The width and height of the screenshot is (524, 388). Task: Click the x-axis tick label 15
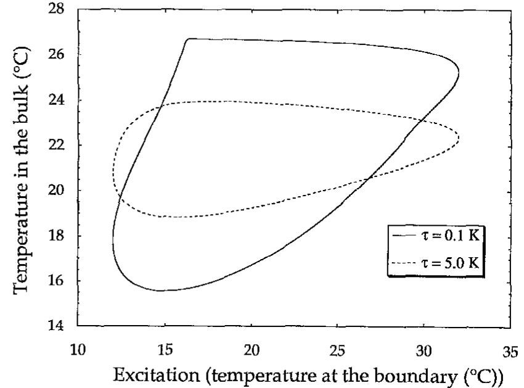[x=164, y=350]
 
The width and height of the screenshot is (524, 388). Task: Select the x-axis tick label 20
[x=251, y=350]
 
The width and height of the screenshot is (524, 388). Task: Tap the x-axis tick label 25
[x=337, y=350]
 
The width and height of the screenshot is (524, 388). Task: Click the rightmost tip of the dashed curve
[x=459, y=138]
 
